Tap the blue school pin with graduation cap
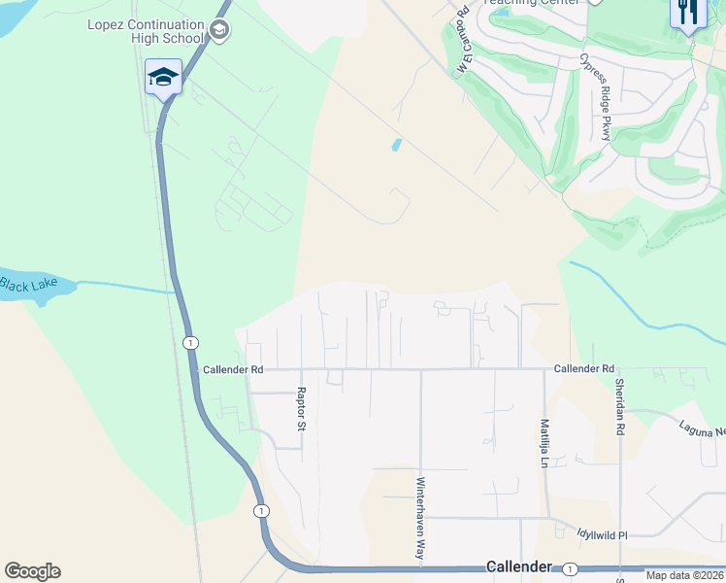[163, 77]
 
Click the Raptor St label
[301, 410]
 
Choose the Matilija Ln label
[544, 442]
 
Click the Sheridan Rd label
[618, 406]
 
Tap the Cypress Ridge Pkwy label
[594, 97]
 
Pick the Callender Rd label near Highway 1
[233, 370]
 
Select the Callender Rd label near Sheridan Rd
[584, 369]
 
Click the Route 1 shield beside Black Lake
[190, 343]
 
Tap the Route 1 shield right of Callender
[570, 567]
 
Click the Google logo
[32, 571]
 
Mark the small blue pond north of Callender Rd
[396, 146]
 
